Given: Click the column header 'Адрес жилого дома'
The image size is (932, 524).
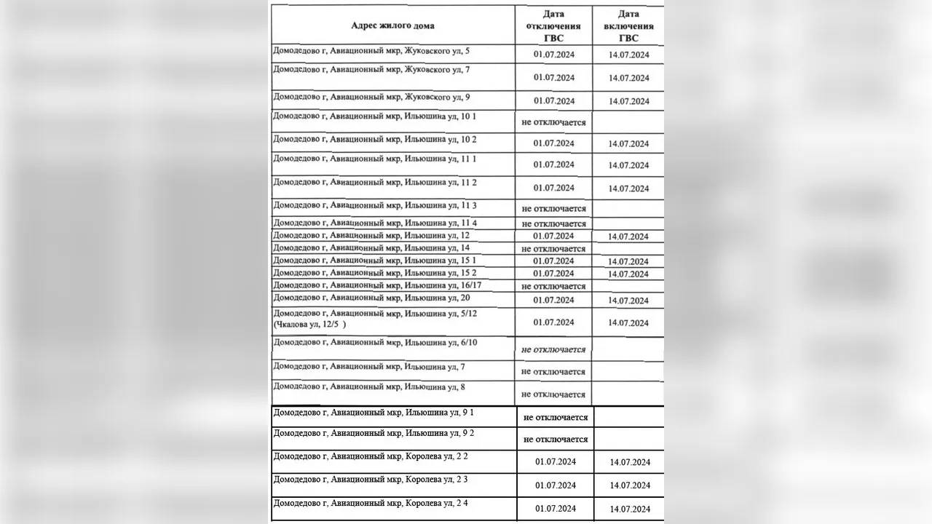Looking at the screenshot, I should pyautogui.click(x=392, y=25).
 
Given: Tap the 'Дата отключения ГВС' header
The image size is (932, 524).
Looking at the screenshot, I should pyautogui.click(x=553, y=25).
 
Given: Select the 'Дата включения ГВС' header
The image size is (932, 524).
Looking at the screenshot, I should pyautogui.click(x=628, y=25).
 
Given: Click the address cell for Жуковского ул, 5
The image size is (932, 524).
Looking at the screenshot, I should pyautogui.click(x=371, y=51).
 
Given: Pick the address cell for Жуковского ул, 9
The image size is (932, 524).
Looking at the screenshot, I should pyautogui.click(x=371, y=96).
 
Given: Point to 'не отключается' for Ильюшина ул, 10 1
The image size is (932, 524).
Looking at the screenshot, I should pyautogui.click(x=553, y=122).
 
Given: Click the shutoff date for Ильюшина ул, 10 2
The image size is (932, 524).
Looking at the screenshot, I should pyautogui.click(x=553, y=143).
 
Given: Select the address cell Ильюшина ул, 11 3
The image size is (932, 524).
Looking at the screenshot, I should pyautogui.click(x=374, y=205).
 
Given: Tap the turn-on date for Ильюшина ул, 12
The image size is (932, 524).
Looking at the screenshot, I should pyautogui.click(x=628, y=237).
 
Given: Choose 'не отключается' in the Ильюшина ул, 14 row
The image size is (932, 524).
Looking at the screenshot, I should pyautogui.click(x=553, y=249).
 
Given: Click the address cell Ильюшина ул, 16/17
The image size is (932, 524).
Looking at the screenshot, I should pyautogui.click(x=378, y=285).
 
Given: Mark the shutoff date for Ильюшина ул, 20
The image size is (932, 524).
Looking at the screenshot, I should pyautogui.click(x=553, y=300).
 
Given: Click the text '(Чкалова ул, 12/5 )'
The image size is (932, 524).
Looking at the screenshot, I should pyautogui.click(x=309, y=324).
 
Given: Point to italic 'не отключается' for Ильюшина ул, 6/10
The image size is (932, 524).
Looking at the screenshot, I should pyautogui.click(x=553, y=349).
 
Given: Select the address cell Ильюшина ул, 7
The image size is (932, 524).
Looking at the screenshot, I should pyautogui.click(x=368, y=366).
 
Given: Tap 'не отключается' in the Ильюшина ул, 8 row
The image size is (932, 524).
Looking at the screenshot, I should pyautogui.click(x=553, y=394).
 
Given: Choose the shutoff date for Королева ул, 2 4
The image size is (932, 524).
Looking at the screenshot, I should pyautogui.click(x=555, y=509).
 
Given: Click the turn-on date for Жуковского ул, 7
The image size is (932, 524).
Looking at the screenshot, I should pyautogui.click(x=628, y=78).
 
